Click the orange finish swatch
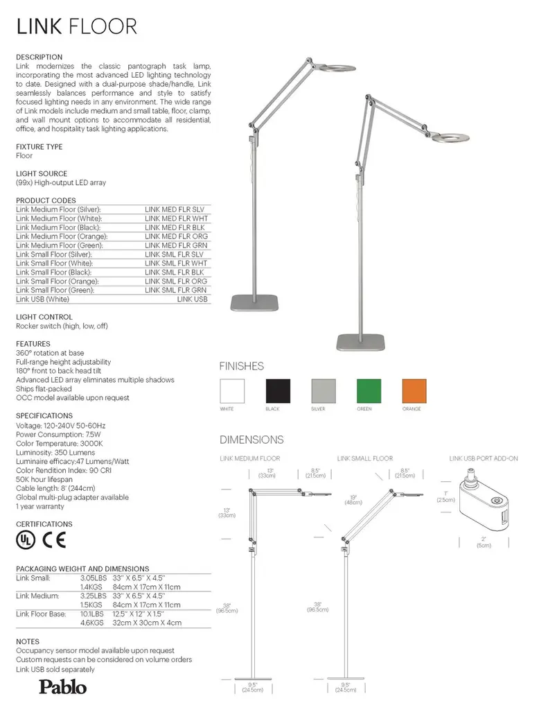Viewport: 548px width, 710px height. tap(414, 391)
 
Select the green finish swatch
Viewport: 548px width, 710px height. tap(368, 391)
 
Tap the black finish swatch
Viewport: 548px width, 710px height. tap(276, 391)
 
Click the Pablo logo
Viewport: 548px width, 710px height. tap(62, 687)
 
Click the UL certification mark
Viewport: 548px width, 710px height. tap(26, 539)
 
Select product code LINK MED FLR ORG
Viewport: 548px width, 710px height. tap(176, 236)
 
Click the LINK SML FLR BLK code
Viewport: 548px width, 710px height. tap(176, 272)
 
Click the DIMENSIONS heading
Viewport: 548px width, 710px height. tap(251, 440)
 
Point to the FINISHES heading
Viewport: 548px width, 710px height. tap(241, 366)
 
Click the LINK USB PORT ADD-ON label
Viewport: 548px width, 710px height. tap(483, 458)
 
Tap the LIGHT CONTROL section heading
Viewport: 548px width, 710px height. tap(44, 317)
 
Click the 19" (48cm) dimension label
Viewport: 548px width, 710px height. tap(353, 499)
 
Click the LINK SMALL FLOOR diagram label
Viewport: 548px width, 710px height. tap(364, 458)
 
